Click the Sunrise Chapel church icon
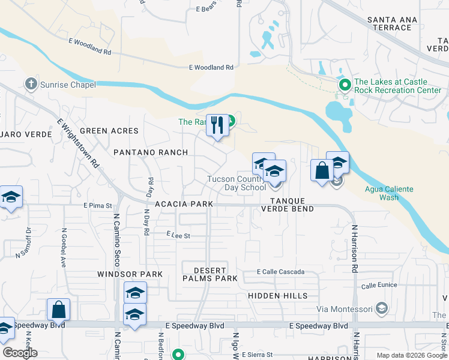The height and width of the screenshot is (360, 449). click(31, 85)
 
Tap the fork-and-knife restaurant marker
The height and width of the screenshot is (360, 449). click(217, 125)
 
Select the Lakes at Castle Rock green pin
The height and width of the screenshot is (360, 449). click(345, 85)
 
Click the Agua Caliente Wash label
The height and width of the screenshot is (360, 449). click(389, 193)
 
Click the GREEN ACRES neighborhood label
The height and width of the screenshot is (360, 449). click(109, 131)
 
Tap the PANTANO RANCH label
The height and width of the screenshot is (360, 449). click(151, 152)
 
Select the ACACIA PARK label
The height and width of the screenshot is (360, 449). click(184, 204)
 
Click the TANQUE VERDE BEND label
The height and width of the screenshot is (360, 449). click(287, 205)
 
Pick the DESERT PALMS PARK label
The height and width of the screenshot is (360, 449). click(210, 274)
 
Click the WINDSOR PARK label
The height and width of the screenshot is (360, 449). click(130, 274)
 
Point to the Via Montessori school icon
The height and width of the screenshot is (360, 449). click(381, 309)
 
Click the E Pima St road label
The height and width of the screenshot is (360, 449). click(98, 205)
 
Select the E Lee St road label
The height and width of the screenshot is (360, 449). click(178, 236)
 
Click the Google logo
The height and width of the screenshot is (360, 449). click(20, 353)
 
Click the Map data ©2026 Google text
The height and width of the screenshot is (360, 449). click(411, 355)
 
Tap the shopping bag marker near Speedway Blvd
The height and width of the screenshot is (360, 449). click(58, 310)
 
